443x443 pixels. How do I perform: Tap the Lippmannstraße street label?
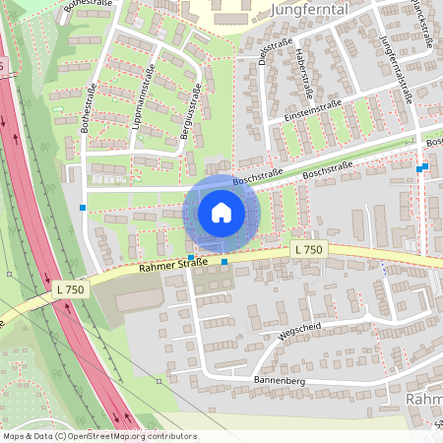point(140,97)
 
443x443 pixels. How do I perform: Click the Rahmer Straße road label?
point(172,264)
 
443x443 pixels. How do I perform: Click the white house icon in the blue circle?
point(221,213)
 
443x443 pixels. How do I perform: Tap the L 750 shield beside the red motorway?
point(71,289)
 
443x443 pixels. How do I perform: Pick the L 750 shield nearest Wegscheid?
point(307,251)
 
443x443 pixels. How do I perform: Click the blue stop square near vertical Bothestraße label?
point(83,208)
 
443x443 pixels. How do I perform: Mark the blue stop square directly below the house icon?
point(225,262)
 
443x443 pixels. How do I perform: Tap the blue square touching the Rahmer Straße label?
point(191,257)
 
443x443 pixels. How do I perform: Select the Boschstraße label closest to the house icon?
point(257,178)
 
